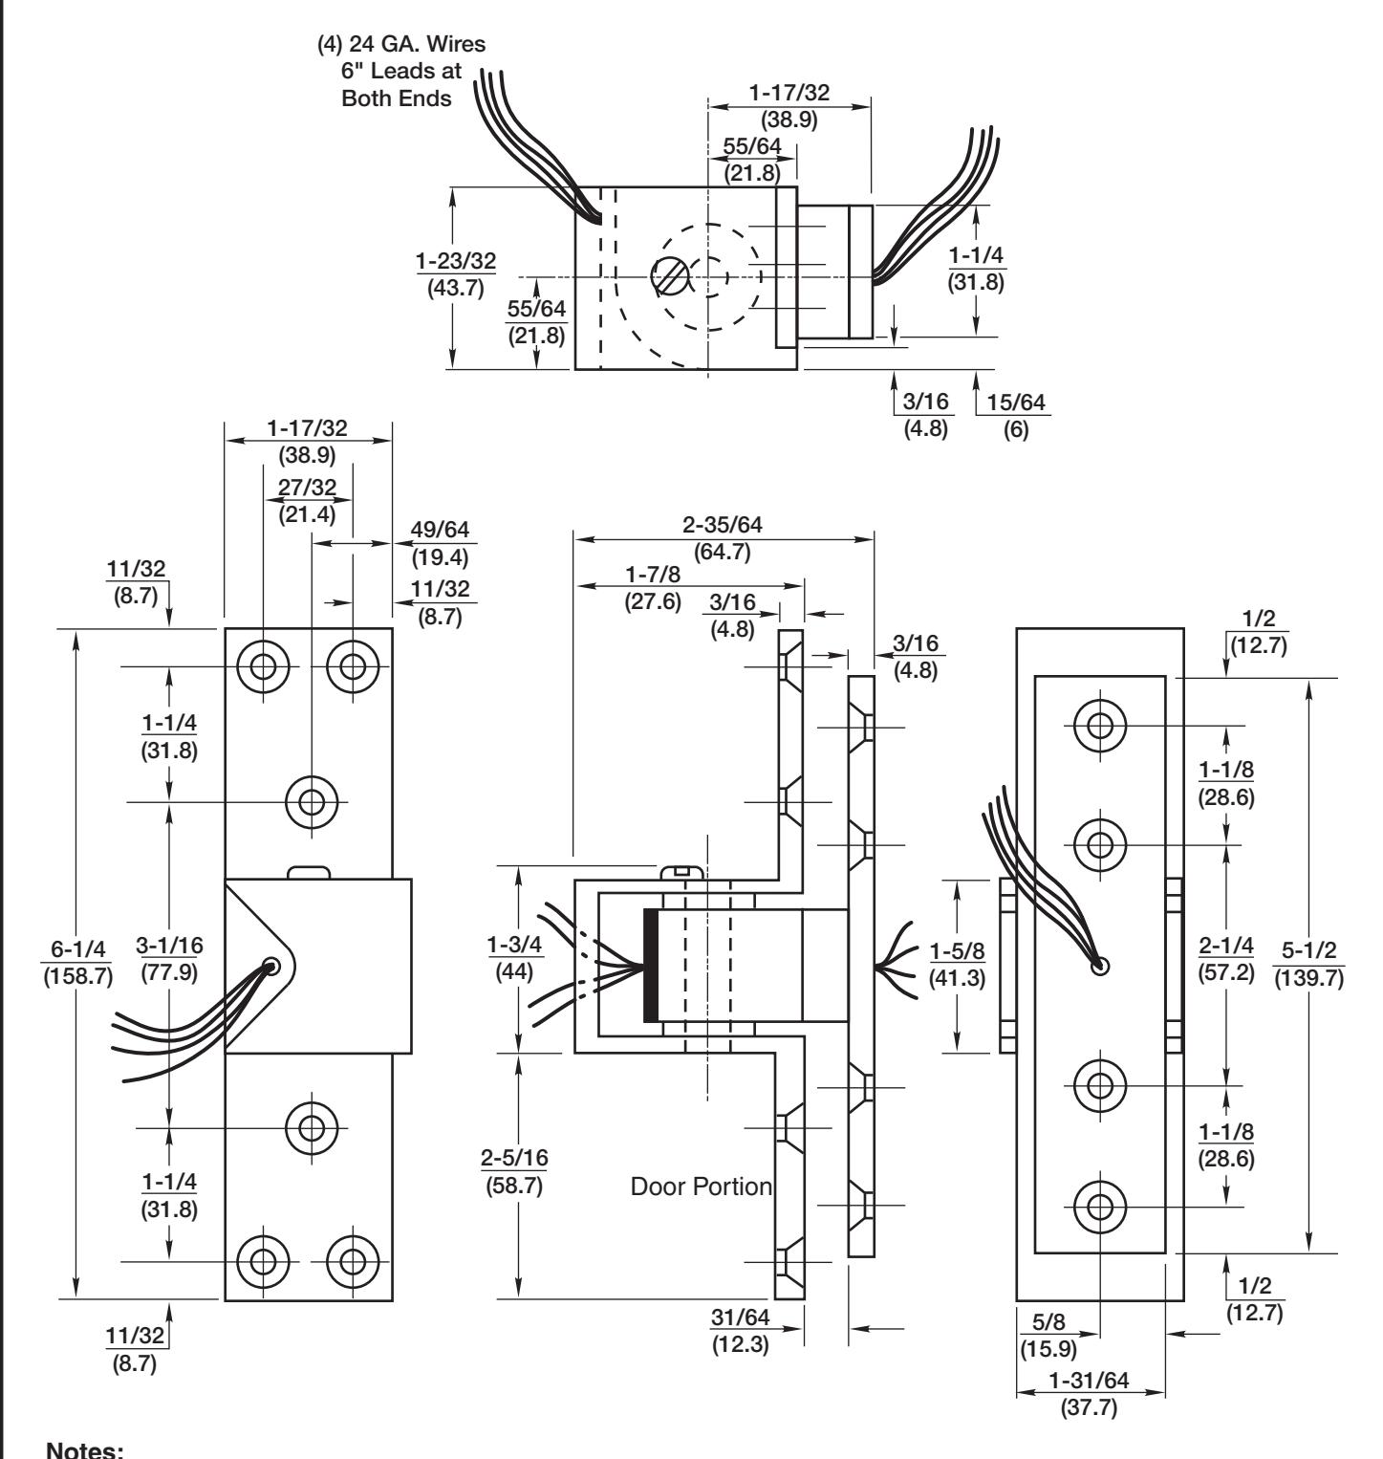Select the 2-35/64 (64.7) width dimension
(x=724, y=537)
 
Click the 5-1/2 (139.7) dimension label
(x=1309, y=966)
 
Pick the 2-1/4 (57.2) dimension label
(x=1227, y=966)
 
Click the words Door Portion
(x=702, y=1187)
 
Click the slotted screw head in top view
(x=670, y=277)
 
